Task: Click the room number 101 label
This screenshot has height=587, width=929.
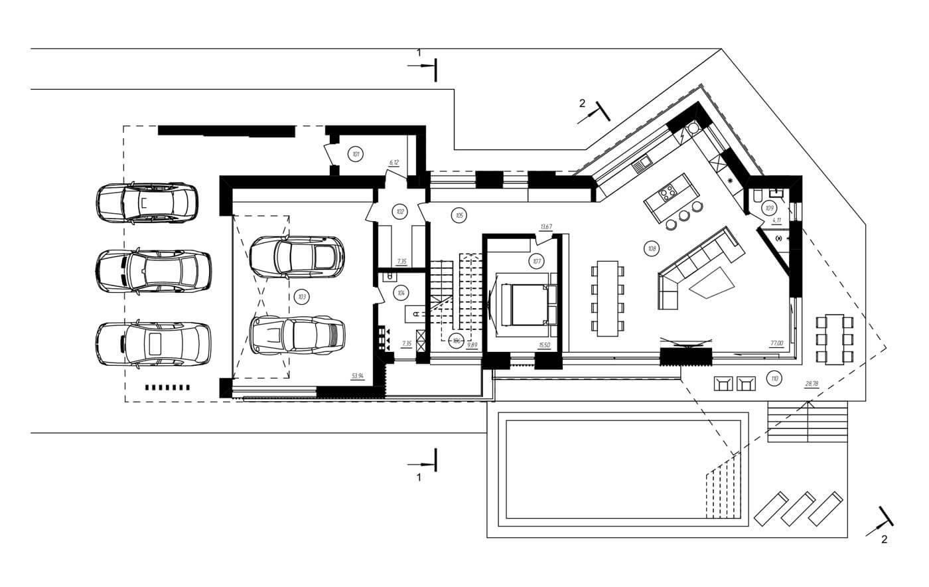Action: (356, 155)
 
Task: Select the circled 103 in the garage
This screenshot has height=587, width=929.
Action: (302, 297)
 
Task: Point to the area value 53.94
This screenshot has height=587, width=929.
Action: (358, 376)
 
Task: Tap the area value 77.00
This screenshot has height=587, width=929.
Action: (777, 343)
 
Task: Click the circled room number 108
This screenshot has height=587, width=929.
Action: (652, 249)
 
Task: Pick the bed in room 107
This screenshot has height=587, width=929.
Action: (521, 303)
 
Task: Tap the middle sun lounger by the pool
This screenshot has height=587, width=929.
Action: (799, 509)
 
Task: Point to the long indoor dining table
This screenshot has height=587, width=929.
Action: (608, 298)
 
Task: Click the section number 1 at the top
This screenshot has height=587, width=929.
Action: (419, 52)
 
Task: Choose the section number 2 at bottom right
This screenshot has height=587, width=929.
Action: (884, 539)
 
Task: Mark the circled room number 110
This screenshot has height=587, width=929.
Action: (773, 379)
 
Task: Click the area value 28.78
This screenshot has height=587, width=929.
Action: (811, 383)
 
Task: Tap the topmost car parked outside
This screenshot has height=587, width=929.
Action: (147, 203)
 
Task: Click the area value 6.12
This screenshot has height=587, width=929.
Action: (393, 162)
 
